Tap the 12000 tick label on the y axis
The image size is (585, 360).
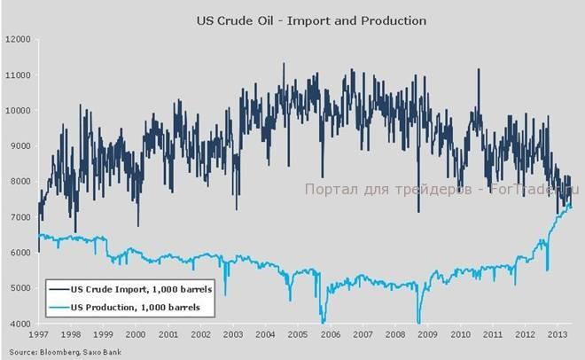point(17,40)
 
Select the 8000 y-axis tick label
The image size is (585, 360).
point(17,182)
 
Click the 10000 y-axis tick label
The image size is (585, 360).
point(17,111)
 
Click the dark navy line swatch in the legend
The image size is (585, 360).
point(61,289)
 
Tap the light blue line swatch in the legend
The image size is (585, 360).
point(61,307)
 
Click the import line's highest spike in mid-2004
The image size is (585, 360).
point(283,65)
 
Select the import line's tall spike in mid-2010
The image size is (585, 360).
point(479,70)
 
